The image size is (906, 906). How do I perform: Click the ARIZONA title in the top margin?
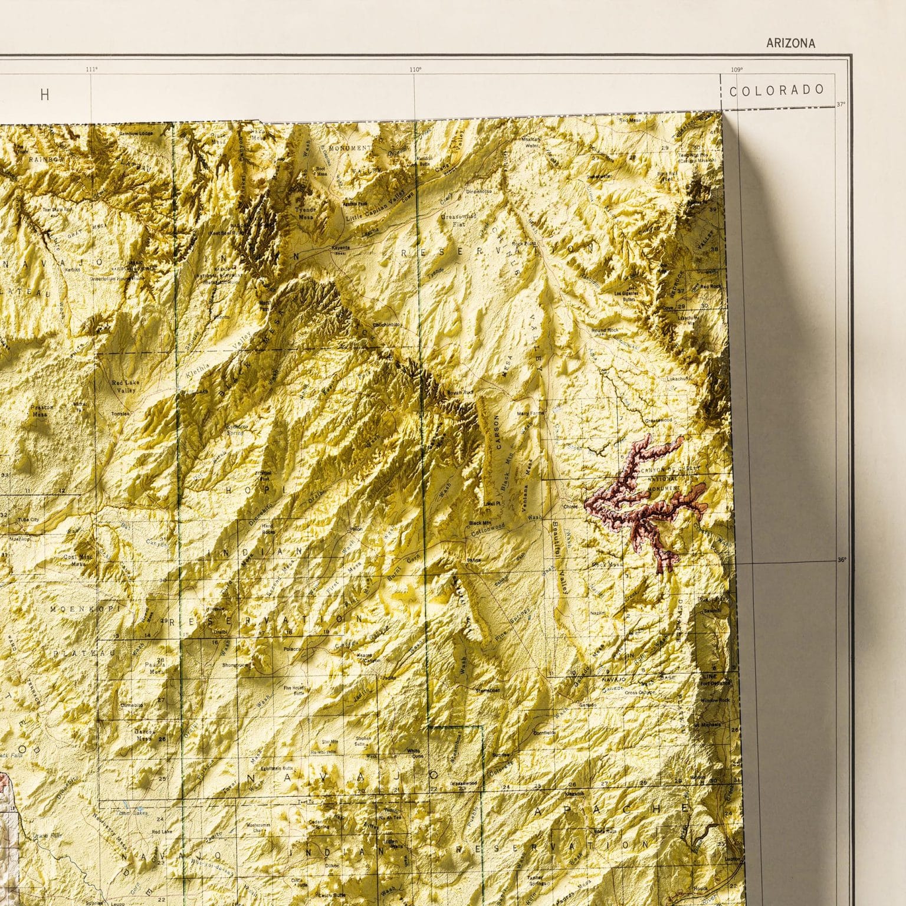[x=790, y=43]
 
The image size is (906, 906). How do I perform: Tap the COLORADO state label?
[x=777, y=90]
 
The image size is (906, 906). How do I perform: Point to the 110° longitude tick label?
[x=415, y=70]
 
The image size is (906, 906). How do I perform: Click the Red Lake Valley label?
[x=125, y=386]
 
